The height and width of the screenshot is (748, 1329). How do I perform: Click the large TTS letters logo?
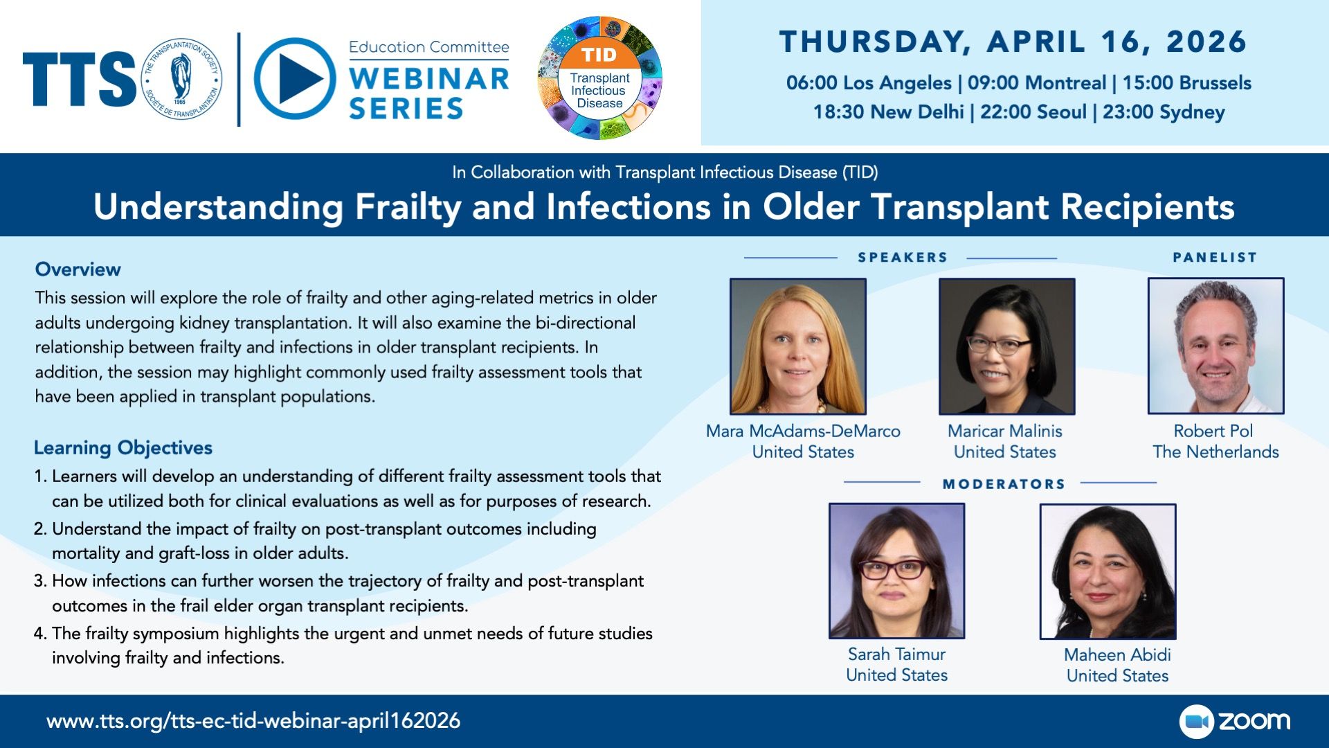point(80,79)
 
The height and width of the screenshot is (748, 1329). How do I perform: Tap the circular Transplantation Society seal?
point(181,78)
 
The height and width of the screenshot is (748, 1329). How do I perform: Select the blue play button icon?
point(295,78)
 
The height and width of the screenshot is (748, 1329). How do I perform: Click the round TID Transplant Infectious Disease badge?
point(599,78)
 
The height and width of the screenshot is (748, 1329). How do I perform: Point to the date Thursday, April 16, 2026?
point(1013,42)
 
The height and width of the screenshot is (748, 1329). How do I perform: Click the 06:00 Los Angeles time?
point(869,83)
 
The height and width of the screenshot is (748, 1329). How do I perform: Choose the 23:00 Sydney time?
point(1164,112)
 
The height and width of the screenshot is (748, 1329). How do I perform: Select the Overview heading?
point(78,269)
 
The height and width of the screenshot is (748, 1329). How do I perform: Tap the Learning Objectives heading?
point(123,448)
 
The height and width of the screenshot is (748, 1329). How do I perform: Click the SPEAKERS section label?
point(903,258)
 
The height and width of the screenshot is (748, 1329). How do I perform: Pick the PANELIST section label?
point(1215,258)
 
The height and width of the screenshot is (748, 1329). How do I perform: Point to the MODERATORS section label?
point(1004,484)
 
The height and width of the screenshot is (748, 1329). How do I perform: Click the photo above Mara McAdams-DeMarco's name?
point(798,346)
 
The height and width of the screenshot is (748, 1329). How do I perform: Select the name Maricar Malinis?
point(1005,431)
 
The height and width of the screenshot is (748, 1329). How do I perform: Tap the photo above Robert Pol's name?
point(1216,346)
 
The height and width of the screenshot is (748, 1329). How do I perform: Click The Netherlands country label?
point(1215,452)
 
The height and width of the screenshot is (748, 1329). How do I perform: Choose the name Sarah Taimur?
point(896,654)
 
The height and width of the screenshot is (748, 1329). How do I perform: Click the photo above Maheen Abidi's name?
point(1107,571)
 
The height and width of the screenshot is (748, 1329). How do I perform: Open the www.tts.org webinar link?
point(253,721)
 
